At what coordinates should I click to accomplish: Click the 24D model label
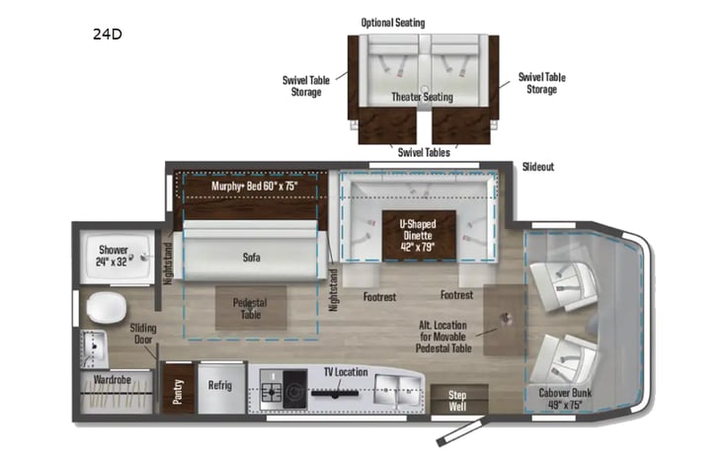[107, 35]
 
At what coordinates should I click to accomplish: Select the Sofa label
[251, 257]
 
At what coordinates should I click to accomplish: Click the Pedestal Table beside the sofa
[246, 307]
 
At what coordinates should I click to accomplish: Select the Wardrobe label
[114, 378]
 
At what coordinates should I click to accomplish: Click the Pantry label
[179, 389]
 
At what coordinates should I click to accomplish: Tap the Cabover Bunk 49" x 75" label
[570, 397]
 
